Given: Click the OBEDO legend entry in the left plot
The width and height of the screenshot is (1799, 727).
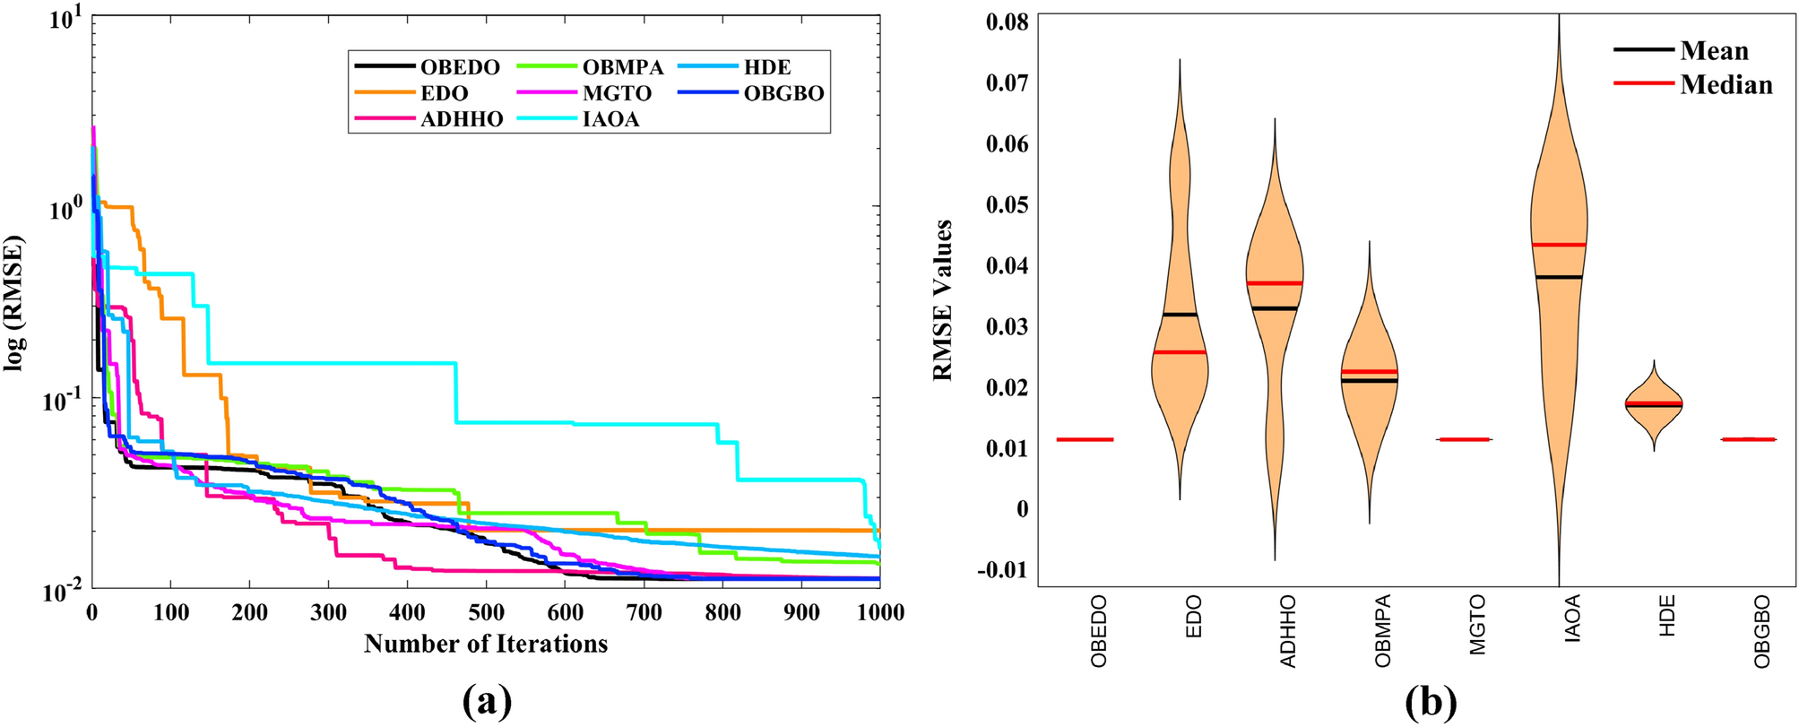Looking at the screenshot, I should click(x=459, y=67).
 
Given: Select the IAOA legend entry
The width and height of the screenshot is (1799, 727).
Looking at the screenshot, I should click(x=610, y=119).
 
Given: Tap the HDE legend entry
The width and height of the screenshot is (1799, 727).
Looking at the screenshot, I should click(x=766, y=67).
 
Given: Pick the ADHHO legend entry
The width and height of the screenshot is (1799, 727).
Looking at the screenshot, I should click(x=461, y=119).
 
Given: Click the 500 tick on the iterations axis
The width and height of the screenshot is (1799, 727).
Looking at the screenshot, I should click(x=486, y=612).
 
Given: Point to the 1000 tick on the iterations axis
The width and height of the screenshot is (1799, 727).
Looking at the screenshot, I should click(x=879, y=612).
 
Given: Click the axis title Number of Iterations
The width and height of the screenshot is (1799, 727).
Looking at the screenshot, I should click(x=486, y=644).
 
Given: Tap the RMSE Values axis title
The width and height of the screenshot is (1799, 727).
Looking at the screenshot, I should click(x=942, y=300).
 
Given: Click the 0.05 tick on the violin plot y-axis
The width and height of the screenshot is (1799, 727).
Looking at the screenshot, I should click(x=1007, y=204).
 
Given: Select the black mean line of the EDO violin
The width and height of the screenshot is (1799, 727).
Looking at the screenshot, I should click(x=1179, y=315).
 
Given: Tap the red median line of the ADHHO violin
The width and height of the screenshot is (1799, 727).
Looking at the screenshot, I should click(x=1274, y=283).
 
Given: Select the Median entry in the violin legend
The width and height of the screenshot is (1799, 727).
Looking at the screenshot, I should click(x=1725, y=85).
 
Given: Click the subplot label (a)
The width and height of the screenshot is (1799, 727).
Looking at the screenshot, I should click(x=487, y=701).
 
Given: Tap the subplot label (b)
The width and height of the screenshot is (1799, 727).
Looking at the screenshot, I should click(x=1431, y=701).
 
